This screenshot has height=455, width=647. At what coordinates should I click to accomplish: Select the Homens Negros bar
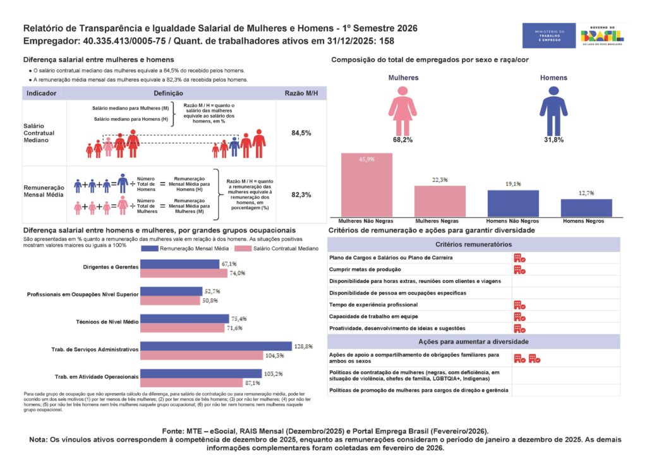click(586, 209)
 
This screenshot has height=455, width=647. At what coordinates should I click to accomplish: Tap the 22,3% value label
click(440, 180)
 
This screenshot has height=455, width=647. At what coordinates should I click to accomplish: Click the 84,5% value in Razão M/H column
click(301, 133)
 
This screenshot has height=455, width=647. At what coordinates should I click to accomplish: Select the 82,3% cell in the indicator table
click(301, 195)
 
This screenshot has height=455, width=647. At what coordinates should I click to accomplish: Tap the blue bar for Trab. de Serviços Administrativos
click(217, 346)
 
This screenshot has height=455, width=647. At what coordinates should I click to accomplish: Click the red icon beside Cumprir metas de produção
click(519, 270)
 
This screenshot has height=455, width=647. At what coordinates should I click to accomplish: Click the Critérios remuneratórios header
click(474, 244)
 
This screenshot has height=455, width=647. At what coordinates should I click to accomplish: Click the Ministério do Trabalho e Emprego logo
click(549, 35)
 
